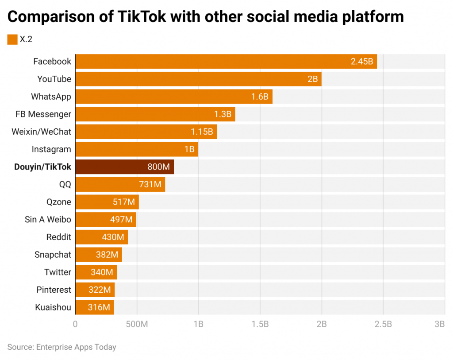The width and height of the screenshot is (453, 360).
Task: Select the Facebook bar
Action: click(226, 62)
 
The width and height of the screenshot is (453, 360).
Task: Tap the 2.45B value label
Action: click(362, 62)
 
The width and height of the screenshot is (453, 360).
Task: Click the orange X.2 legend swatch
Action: click(12, 39)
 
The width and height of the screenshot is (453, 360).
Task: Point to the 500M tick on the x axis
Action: click(137, 324)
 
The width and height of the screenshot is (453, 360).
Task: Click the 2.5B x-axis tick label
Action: click(383, 324)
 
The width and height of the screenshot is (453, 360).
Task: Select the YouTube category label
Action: click(54, 79)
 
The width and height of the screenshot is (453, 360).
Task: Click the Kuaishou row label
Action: click(53, 307)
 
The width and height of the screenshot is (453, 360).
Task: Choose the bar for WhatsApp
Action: click(173, 97)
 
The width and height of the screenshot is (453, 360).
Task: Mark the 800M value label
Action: click(158, 167)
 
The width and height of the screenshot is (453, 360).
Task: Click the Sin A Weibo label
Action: click(48, 220)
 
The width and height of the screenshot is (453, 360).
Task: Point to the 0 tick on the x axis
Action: click(75, 324)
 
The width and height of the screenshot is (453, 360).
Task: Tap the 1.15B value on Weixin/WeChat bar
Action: click(202, 132)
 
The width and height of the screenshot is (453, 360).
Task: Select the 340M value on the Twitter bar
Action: click(102, 272)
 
